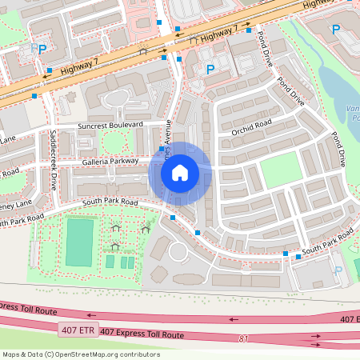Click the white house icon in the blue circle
180,173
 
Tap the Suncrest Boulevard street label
110,126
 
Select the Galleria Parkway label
110,160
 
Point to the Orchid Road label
252,126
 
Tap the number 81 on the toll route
243,339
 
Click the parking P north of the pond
336,30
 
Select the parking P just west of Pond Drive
210,70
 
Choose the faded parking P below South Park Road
338,270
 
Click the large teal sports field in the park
79,242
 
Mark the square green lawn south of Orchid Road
280,170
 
